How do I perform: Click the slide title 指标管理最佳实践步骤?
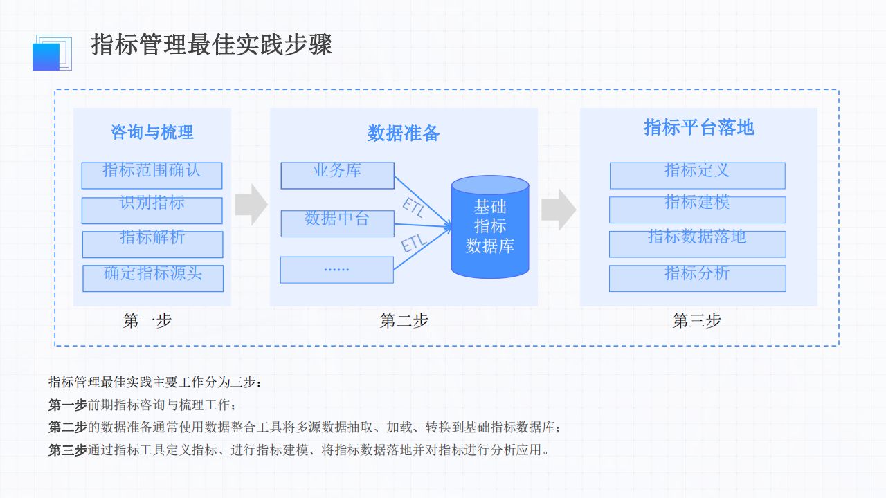coord(212,45)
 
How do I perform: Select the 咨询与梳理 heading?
coord(152,132)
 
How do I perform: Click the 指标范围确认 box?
coord(152,176)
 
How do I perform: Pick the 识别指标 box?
coord(152,210)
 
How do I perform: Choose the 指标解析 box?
coord(152,244)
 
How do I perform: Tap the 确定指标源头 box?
coord(153,278)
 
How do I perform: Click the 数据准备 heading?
coord(404,133)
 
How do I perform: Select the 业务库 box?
coord(337,176)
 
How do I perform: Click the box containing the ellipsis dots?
coord(336,270)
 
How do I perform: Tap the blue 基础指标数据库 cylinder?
coord(490,227)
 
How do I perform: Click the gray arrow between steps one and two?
coord(251,205)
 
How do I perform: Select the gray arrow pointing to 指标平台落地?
coord(558,210)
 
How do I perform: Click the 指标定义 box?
coord(697,176)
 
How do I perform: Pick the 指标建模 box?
coord(697,210)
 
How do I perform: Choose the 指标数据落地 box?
coord(697,244)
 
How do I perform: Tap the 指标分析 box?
coord(697,278)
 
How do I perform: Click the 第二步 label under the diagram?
coord(404,321)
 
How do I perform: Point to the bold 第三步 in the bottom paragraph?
coord(68,450)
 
